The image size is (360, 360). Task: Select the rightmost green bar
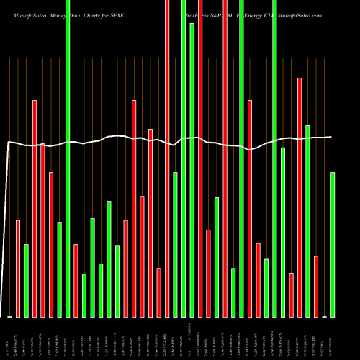333,245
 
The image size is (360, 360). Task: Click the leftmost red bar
18,268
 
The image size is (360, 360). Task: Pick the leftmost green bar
27,281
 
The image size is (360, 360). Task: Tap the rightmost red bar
316,286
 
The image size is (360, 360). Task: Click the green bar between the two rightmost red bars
307,221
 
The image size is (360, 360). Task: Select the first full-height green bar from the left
68,158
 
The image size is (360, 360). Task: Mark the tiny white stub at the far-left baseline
10,316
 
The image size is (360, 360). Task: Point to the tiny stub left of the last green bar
324,316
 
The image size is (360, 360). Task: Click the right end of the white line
330,137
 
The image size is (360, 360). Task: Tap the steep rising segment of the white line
7,230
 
